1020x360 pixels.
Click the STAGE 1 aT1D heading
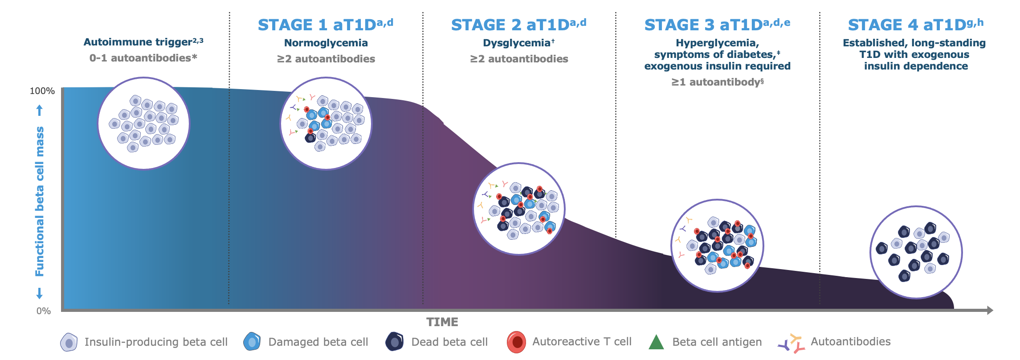[325, 25]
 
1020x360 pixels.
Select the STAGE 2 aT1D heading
[518, 25]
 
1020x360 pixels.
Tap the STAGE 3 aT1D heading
[717, 25]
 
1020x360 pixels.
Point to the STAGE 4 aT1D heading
[915, 25]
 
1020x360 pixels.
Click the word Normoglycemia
[326, 43]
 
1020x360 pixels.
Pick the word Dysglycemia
[517, 43]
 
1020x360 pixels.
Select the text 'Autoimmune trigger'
[138, 42]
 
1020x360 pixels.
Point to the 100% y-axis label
[42, 91]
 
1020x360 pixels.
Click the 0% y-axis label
[44, 311]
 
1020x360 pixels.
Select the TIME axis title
[442, 322]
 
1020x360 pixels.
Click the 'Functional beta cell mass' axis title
[40, 201]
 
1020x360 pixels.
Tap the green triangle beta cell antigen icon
[656, 342]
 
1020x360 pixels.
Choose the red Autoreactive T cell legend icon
[516, 342]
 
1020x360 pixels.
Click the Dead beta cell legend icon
[395, 342]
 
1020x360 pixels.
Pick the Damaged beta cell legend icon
[252, 342]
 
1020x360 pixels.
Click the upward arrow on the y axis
[40, 110]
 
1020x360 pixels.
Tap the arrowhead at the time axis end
[990, 310]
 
